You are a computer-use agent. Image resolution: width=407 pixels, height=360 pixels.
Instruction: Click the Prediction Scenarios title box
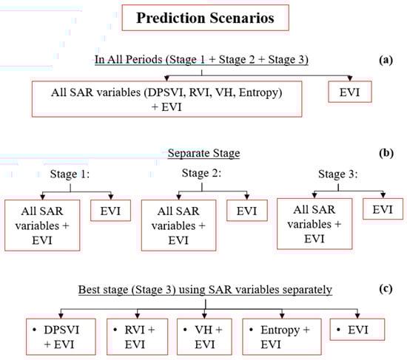(x=205, y=18)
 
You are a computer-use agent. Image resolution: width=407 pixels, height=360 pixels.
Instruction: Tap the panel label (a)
(x=386, y=60)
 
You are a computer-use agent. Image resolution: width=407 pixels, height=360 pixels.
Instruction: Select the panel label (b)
(x=386, y=153)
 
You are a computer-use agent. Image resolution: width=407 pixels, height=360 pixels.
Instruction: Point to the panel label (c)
(x=386, y=289)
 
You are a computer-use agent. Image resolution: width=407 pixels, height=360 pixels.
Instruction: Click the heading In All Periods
(x=201, y=60)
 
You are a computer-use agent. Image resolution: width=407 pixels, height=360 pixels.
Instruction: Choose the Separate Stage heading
(x=203, y=153)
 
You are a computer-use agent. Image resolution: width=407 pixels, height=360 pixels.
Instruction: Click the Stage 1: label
(x=70, y=174)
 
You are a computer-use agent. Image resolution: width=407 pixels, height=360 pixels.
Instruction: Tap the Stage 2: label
(x=201, y=173)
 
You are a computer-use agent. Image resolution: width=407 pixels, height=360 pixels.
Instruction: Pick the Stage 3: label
(x=338, y=174)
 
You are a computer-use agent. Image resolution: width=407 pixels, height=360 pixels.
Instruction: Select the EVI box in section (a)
(x=350, y=92)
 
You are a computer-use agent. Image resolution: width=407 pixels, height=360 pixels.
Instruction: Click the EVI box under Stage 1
(x=110, y=211)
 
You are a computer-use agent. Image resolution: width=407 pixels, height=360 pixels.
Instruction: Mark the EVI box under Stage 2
(x=247, y=211)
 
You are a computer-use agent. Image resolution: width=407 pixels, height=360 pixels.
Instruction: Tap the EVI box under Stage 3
(x=383, y=209)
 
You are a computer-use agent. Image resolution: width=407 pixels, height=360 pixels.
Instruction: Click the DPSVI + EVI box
(x=61, y=337)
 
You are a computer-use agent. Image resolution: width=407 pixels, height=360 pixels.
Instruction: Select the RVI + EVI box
(x=138, y=337)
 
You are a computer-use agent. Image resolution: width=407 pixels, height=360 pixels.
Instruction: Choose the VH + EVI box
(x=204, y=337)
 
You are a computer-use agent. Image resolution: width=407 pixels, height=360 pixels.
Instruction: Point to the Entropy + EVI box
(x=282, y=337)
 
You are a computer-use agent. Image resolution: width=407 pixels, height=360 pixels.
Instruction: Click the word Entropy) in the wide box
(x=260, y=92)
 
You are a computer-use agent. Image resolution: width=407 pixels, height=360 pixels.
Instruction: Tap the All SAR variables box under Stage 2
(x=178, y=225)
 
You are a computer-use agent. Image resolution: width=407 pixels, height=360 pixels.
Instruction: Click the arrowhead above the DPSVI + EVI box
(x=61, y=316)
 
